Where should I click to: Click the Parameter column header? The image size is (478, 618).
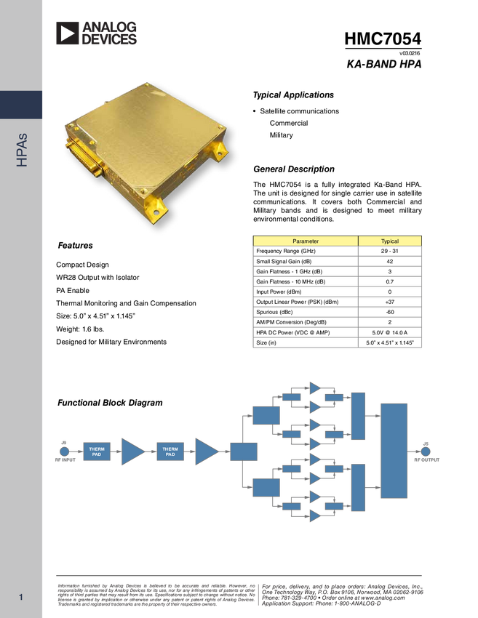click(x=306, y=241)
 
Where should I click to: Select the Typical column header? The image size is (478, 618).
click(x=390, y=241)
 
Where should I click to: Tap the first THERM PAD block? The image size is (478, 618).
click(x=97, y=452)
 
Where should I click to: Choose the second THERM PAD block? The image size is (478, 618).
click(x=170, y=452)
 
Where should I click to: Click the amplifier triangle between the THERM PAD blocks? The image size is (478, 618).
click(x=132, y=452)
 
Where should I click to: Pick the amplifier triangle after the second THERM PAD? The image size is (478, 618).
click(x=207, y=452)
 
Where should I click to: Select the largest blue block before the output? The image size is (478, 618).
click(x=394, y=450)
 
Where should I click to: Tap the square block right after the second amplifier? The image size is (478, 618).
click(x=244, y=452)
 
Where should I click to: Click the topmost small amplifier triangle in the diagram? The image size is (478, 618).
click(x=316, y=388)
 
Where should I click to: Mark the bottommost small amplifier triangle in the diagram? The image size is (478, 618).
click(x=316, y=515)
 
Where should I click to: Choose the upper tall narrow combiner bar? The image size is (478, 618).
click(x=358, y=416)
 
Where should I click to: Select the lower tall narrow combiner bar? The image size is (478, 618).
click(x=358, y=487)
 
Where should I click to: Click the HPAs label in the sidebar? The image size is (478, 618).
click(x=22, y=150)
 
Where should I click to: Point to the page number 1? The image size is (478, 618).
click(x=21, y=598)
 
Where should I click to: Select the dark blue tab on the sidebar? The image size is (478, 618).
click(x=21, y=105)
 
